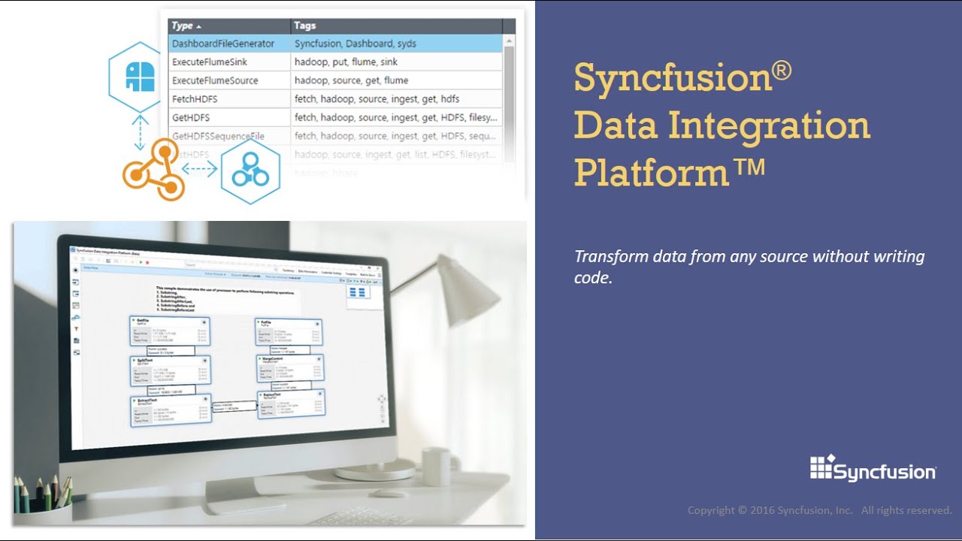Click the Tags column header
(305, 26)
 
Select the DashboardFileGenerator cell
(223, 44)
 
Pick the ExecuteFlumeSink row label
(210, 62)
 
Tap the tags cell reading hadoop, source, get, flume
(351, 80)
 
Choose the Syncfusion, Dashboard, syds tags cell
(355, 44)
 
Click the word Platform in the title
(651, 172)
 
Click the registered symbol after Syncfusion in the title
(782, 72)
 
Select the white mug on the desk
(435, 466)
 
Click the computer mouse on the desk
(390, 494)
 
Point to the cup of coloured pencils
(41, 500)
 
